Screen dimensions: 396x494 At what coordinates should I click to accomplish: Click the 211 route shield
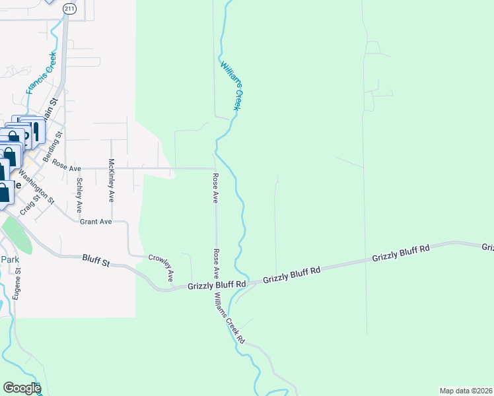click(69, 8)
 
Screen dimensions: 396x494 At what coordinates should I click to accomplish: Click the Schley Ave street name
click(79, 194)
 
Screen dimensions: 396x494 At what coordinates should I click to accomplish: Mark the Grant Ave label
click(96, 222)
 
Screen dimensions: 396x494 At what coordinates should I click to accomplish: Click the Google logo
click(21, 388)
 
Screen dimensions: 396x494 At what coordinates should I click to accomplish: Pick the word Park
click(9, 259)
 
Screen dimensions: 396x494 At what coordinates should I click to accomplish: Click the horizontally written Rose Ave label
click(65, 168)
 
